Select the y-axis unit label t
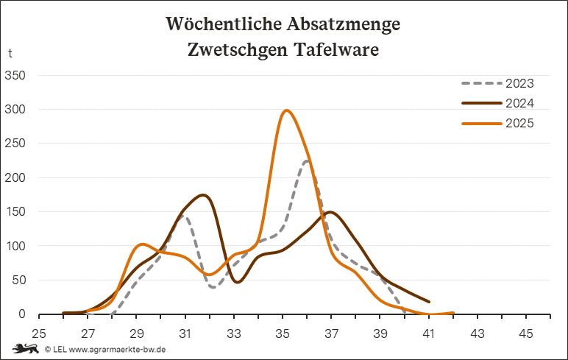[10, 53]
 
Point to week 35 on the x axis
[283, 333]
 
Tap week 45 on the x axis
[525, 333]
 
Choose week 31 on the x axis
[185, 333]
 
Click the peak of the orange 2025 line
[286, 111]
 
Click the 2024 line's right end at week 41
[428, 301]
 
